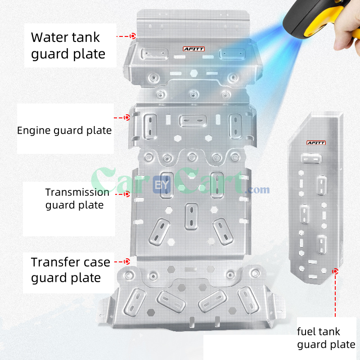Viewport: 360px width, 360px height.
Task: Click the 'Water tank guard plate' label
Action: pos(68,45)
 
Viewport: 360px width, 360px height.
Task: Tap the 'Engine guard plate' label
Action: pos(64,131)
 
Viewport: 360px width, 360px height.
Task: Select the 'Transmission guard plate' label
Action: pos(77,198)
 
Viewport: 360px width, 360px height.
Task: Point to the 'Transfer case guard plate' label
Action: pos(70,270)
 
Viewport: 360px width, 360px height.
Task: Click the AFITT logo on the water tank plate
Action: pos(193,49)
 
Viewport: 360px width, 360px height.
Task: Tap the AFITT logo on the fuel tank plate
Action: pos(316,143)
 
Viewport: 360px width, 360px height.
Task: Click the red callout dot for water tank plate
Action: pos(133,36)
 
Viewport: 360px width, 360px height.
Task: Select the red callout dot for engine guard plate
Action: pos(127,117)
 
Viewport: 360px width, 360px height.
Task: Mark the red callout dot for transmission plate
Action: pos(127,194)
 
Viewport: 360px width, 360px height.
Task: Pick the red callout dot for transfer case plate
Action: pos(127,261)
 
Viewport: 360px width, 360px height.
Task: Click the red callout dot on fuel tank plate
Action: pos(335,271)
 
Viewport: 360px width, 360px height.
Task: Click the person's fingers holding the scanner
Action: pos(349,31)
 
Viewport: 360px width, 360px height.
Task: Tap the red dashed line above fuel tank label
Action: pos(335,297)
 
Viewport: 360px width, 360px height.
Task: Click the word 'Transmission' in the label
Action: pos(77,192)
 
